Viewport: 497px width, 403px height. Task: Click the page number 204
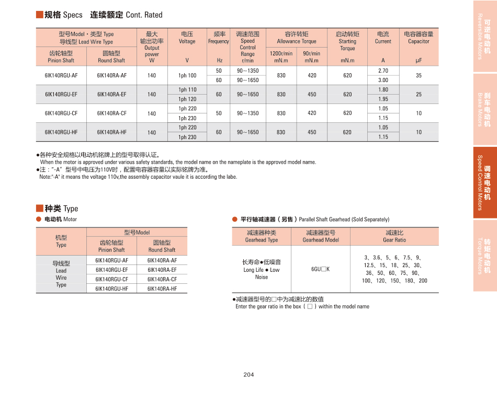pyautogui.click(x=249, y=375)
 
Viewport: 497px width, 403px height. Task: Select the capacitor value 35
pyautogui.click(x=419, y=75)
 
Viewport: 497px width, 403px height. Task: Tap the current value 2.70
pyautogui.click(x=383, y=71)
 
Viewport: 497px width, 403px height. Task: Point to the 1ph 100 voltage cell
pyautogui.click(x=187, y=75)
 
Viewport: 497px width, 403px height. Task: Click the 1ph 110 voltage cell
pyautogui.click(x=187, y=90)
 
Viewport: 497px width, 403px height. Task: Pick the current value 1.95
pyautogui.click(x=383, y=99)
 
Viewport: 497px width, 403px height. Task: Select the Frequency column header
pyautogui.click(x=219, y=38)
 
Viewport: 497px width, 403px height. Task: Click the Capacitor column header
pyautogui.click(x=419, y=38)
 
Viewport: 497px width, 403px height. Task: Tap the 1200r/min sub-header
pyautogui.click(x=281, y=56)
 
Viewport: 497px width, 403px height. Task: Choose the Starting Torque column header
pyautogui.click(x=347, y=41)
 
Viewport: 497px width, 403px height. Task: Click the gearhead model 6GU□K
pyautogui.click(x=320, y=269)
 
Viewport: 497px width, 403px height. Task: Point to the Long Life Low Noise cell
pyautogui.click(x=262, y=269)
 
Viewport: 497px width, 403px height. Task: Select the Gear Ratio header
pyautogui.click(x=394, y=236)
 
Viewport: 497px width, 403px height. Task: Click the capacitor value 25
pyautogui.click(x=419, y=95)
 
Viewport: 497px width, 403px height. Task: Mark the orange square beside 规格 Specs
pyautogui.click(x=39, y=15)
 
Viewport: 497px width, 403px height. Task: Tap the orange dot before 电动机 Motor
pyautogui.click(x=39, y=219)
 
